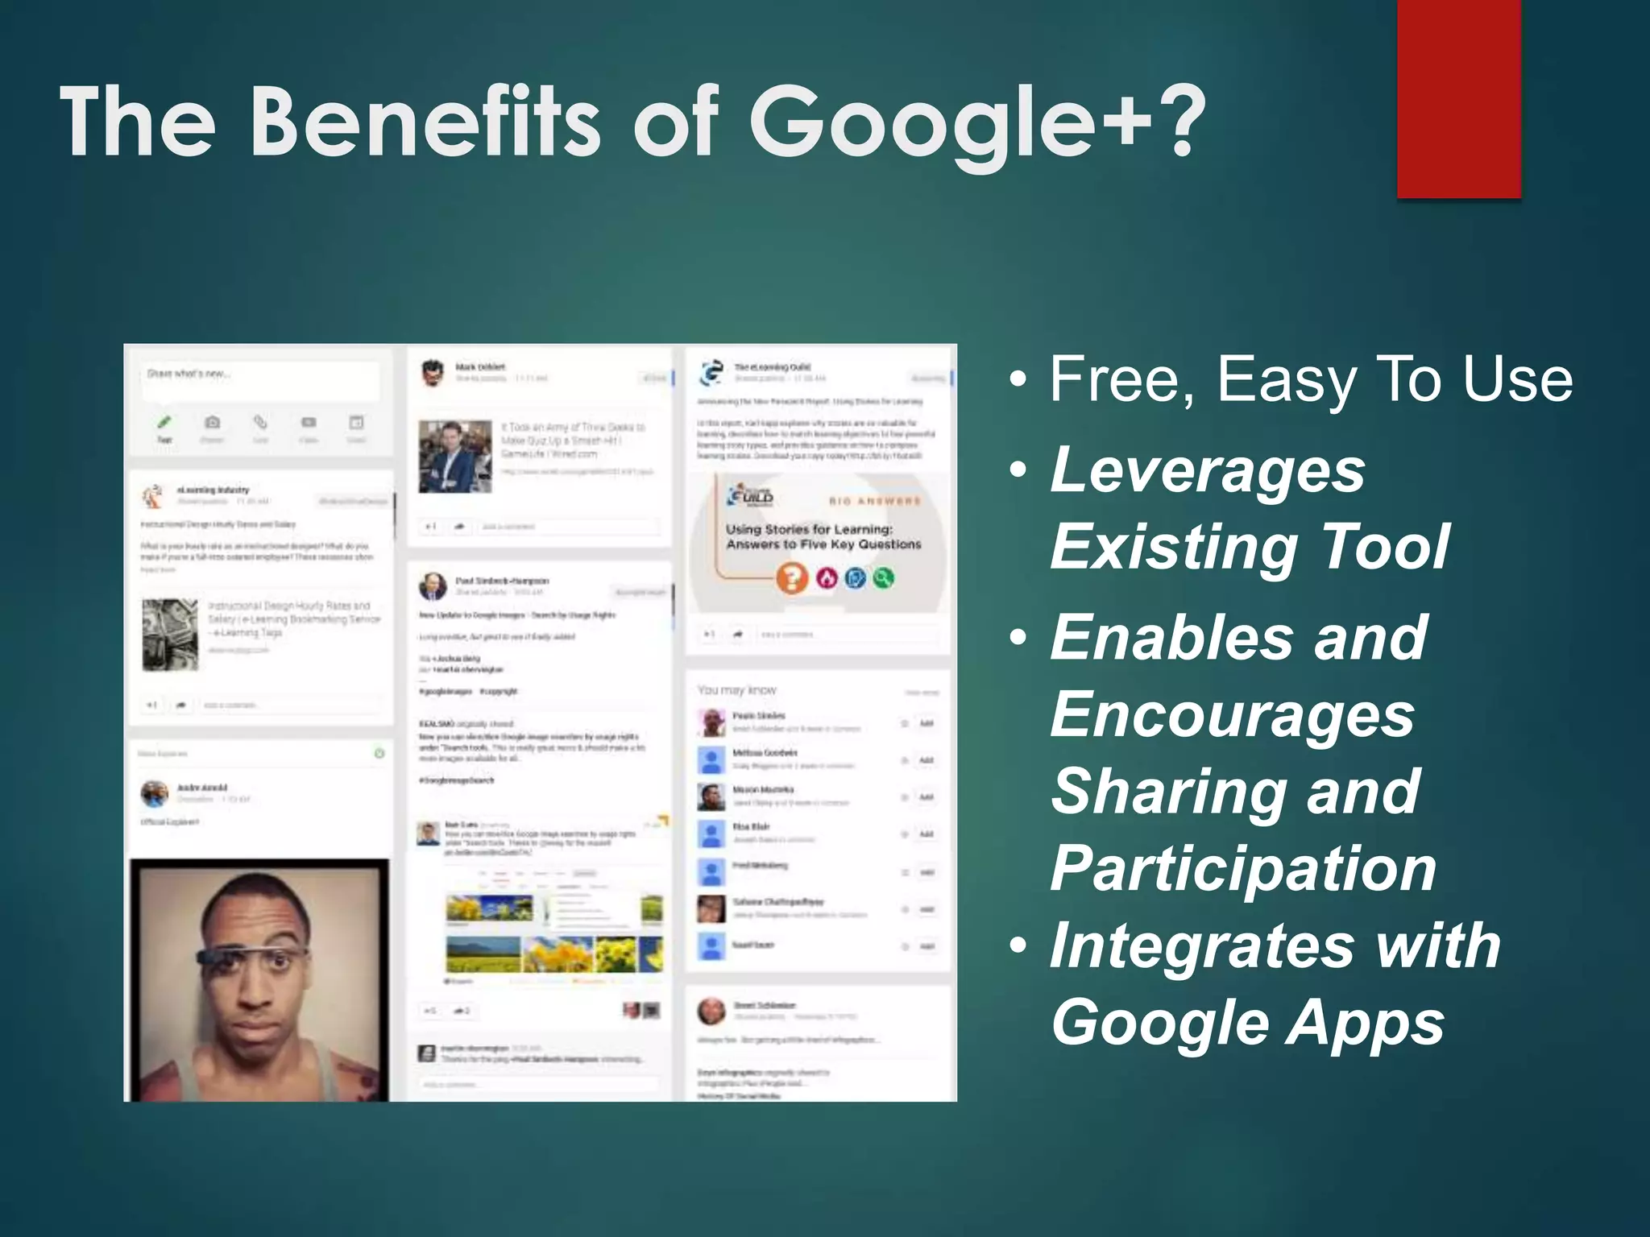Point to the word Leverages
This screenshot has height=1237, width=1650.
click(x=1208, y=471)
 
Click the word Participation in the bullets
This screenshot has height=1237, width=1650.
click(x=1243, y=868)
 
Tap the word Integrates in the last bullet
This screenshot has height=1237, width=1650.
click(x=1201, y=945)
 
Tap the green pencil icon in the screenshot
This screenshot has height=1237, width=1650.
click(x=164, y=422)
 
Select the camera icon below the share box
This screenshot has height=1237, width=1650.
click(x=213, y=423)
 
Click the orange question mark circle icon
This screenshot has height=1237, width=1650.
click(x=792, y=577)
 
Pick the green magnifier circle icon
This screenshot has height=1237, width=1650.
click(x=883, y=577)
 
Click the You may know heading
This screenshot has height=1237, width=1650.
click(x=736, y=690)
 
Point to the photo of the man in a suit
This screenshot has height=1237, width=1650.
click(x=454, y=456)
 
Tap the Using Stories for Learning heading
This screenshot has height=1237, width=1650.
click(x=809, y=529)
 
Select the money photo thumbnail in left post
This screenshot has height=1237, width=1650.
click(x=170, y=635)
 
